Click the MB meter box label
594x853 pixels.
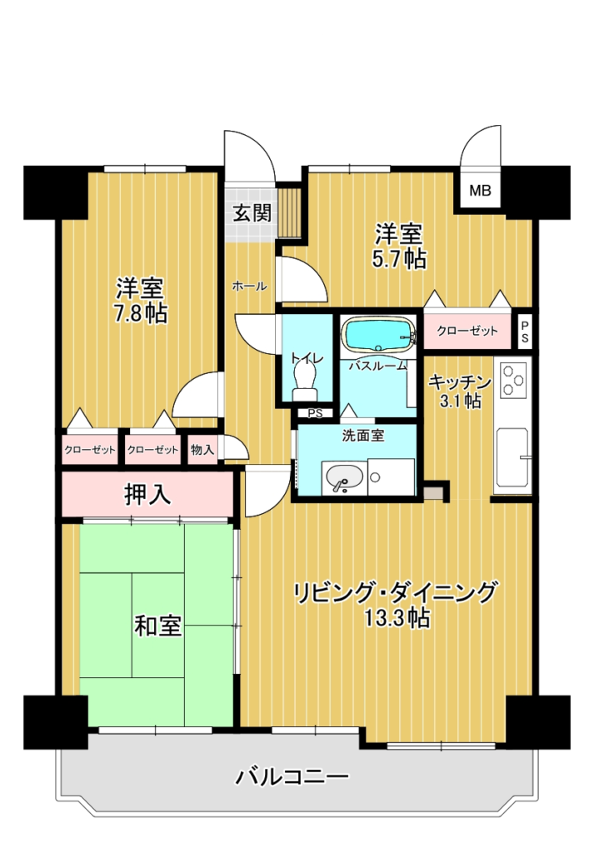click(x=481, y=191)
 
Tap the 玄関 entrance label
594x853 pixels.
click(x=252, y=212)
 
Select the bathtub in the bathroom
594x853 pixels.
click(x=378, y=333)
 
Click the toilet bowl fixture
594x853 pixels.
click(x=305, y=381)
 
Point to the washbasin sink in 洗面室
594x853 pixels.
click(x=344, y=478)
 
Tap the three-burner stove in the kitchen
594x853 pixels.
click(x=513, y=380)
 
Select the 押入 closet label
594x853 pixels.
click(x=147, y=495)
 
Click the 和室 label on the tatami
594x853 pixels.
click(x=157, y=626)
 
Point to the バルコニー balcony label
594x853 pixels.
click(x=292, y=776)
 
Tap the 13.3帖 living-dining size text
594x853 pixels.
click(x=397, y=619)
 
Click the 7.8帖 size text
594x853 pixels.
click(x=140, y=314)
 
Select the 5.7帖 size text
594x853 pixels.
click(x=399, y=260)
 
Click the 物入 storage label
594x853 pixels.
click(x=202, y=449)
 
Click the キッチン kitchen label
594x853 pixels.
click(x=460, y=382)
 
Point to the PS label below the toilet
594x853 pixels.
click(x=315, y=413)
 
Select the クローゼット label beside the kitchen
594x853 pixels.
click(x=467, y=330)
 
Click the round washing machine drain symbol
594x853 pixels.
click(x=375, y=477)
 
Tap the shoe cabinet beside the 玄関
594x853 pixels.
click(x=289, y=212)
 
